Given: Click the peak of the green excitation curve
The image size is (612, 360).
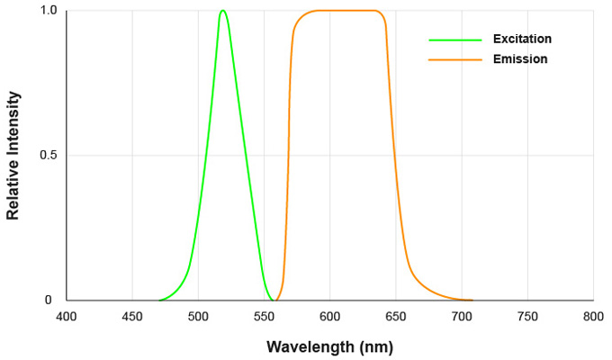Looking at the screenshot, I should (x=222, y=11).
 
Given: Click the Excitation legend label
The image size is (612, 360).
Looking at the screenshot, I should (x=522, y=40).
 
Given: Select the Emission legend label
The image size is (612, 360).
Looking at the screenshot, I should (x=520, y=59).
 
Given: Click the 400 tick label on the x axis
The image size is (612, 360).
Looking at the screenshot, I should (x=67, y=317).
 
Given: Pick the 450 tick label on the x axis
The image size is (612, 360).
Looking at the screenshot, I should (x=132, y=317).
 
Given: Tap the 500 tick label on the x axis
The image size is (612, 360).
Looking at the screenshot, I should (x=198, y=317).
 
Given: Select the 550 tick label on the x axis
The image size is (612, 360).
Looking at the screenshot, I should (x=264, y=317).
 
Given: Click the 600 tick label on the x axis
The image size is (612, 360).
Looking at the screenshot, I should (x=329, y=317).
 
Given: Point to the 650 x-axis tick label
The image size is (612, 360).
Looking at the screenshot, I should (x=395, y=317).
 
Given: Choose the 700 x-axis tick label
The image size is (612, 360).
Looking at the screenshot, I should (x=461, y=317).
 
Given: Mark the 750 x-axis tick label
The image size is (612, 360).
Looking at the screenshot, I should (x=527, y=317).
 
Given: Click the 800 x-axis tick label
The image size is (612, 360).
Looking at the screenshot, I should (x=593, y=317).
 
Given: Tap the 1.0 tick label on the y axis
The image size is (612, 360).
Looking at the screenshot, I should (x=48, y=11).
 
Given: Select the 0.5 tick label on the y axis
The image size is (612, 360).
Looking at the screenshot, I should (x=48, y=156).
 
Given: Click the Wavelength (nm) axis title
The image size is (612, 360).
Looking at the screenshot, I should (x=329, y=346).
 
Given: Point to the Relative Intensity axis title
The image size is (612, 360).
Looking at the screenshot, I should (x=13, y=156).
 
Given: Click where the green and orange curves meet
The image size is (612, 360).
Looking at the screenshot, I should (x=274, y=300).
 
